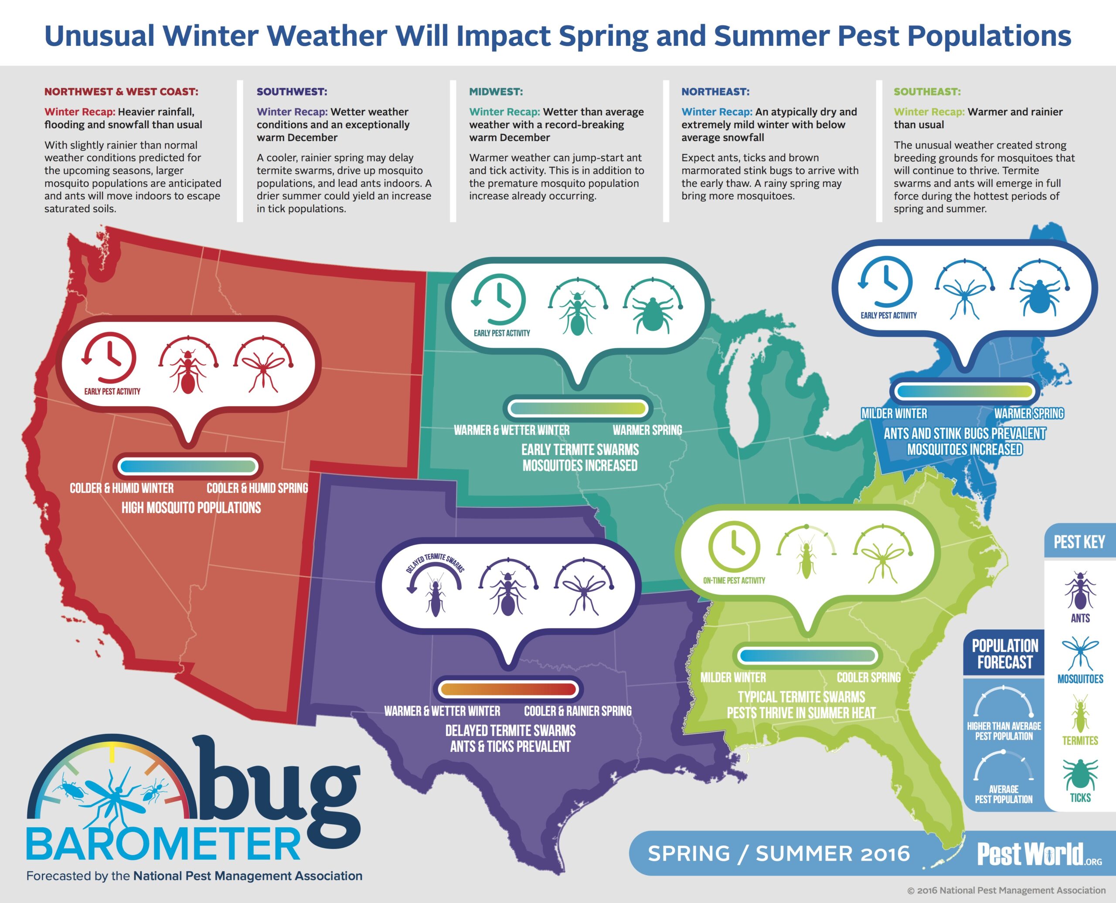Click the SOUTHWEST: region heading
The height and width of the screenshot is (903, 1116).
pos(292,92)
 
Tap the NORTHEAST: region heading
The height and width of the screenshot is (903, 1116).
pos(715,92)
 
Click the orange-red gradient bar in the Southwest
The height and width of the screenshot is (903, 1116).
pos(508,690)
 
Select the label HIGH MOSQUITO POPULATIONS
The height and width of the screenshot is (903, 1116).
pos(191,508)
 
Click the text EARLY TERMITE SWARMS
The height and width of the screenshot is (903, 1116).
pos(580,449)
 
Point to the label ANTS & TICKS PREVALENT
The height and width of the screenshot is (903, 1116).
pos(510,747)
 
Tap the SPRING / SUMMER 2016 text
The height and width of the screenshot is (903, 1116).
pos(779,854)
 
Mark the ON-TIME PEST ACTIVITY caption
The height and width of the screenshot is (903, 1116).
pos(734,580)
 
